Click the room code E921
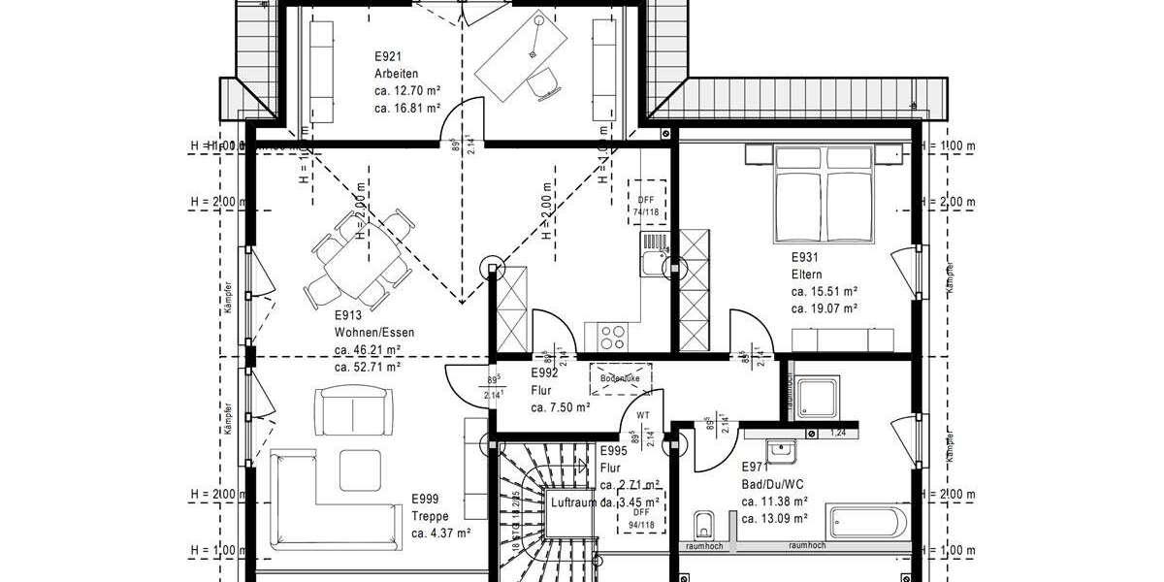(x=388, y=57)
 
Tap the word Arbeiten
(x=396, y=74)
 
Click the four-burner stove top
(x=612, y=337)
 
